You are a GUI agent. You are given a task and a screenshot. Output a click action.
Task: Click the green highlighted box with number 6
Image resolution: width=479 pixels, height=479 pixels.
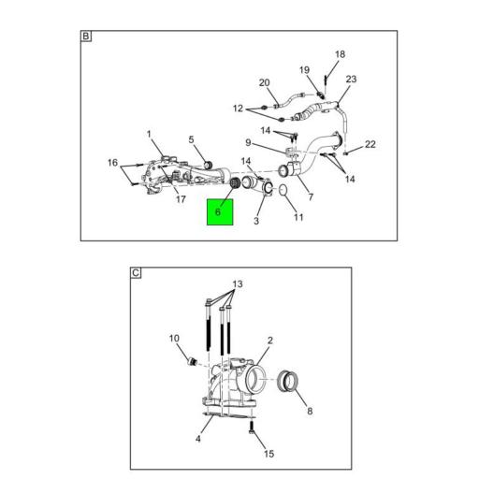point(220,212)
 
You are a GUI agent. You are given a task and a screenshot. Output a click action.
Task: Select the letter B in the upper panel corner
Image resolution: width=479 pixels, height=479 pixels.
point(85,36)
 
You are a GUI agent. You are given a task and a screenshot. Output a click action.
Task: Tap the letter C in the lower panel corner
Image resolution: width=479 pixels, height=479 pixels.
point(136,273)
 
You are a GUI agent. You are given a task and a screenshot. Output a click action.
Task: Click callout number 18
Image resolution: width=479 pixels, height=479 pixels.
point(340,54)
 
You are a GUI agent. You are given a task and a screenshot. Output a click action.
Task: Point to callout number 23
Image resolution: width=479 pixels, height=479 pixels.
point(351,79)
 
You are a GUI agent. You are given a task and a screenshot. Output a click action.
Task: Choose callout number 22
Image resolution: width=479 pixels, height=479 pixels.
point(370,144)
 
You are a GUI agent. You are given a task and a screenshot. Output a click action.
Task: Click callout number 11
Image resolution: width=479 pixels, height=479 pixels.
point(298,217)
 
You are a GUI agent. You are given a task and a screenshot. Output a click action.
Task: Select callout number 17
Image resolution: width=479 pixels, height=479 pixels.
point(181,199)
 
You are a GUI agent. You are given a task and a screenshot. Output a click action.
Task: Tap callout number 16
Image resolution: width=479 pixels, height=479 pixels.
point(112,163)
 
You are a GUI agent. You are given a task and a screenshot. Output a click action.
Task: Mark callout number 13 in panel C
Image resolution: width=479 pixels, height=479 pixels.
point(238,284)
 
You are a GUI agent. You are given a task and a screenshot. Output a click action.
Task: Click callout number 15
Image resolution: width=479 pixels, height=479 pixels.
point(269,454)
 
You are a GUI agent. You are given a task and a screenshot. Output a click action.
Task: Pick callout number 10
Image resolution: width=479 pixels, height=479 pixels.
point(174,338)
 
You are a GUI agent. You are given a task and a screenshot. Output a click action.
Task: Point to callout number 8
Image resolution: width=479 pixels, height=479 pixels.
point(310,411)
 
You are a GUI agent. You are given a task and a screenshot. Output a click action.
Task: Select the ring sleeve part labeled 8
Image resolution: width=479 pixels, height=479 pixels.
point(287,382)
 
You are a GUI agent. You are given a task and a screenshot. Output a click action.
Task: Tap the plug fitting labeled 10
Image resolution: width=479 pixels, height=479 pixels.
point(192,362)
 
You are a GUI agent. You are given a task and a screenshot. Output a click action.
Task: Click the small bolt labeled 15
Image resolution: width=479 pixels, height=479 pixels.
point(252,428)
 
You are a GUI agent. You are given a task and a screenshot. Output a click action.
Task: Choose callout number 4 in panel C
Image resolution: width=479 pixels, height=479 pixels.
point(198,439)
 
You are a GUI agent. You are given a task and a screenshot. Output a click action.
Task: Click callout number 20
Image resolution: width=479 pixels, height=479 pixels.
point(264,82)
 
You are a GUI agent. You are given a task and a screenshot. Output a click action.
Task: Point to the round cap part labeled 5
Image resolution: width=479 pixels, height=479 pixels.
point(208,165)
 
